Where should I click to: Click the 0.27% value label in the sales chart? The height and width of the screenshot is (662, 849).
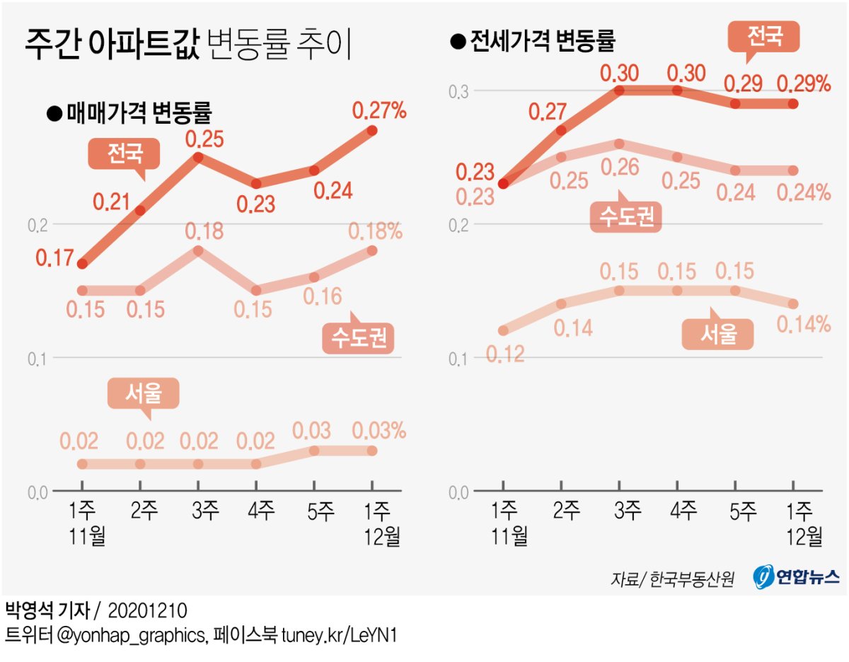[x=379, y=110]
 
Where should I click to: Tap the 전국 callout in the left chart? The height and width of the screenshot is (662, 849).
[x=125, y=153]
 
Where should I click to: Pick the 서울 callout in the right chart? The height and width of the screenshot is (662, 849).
[x=718, y=334]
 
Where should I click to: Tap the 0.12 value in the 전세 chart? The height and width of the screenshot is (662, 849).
[x=504, y=354]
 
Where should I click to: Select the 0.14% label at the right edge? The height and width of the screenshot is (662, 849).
[x=803, y=325]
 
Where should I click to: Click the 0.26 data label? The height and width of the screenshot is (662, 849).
[x=620, y=167]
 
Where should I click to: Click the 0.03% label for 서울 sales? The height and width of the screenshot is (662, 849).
[x=379, y=431]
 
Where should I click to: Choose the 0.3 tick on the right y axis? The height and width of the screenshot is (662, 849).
[x=460, y=91]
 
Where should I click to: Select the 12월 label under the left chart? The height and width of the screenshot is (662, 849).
[x=382, y=536]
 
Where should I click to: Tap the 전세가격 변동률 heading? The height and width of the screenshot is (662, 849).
[x=541, y=42]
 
